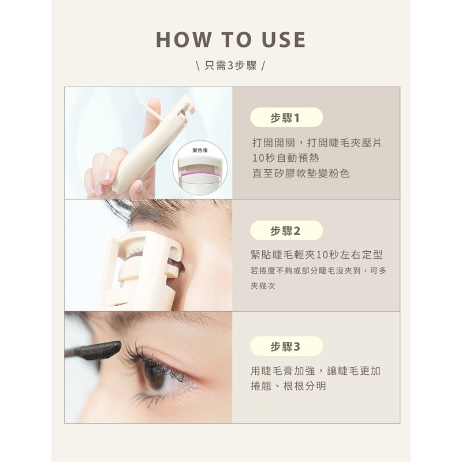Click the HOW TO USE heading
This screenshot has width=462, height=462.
click(230, 39)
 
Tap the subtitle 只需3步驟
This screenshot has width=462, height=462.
click(230, 65)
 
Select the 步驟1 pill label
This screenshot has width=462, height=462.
click(286, 118)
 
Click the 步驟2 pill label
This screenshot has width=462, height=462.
click(286, 230)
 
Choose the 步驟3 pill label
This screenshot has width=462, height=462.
click(286, 346)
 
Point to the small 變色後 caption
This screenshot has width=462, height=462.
click(200, 150)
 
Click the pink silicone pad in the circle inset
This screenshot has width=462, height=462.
click(200, 175)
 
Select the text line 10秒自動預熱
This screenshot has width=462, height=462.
click(286, 158)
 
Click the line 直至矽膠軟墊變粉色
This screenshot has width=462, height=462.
click(301, 173)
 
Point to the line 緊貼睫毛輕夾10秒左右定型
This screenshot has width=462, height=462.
click(316, 255)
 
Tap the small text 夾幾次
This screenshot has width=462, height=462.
click(263, 286)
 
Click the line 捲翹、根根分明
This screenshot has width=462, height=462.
click(288, 386)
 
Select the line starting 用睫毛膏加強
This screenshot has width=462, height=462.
click(315, 371)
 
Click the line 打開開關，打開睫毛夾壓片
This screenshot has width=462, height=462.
click(317, 143)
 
